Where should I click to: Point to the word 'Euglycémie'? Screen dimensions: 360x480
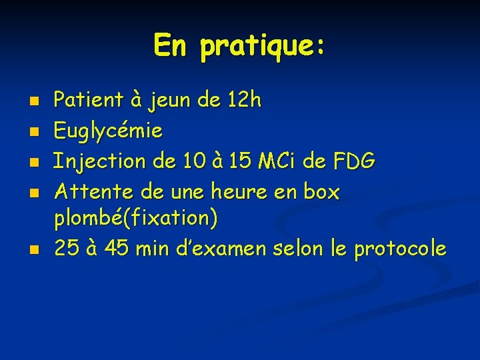(108, 131)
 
